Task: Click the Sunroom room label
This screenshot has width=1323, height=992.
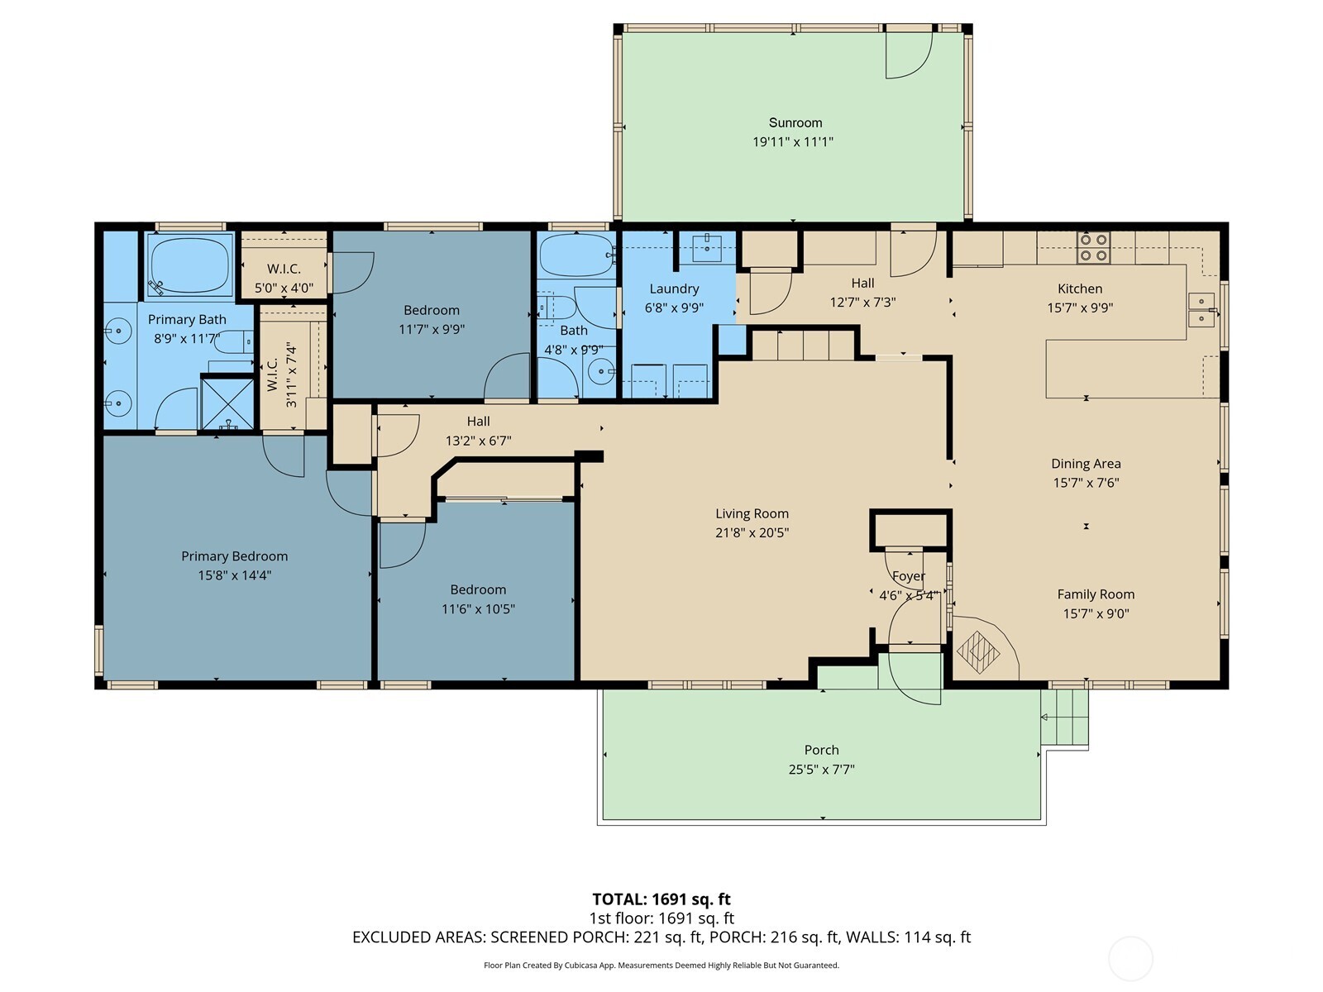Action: (795, 123)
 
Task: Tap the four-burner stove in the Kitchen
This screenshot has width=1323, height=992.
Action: (1093, 247)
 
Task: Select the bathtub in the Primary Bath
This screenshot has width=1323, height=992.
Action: (190, 265)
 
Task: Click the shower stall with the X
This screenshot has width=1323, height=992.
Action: (227, 402)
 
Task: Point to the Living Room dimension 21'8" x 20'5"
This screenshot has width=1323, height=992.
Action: (752, 532)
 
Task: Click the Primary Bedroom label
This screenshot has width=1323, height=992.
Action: (235, 556)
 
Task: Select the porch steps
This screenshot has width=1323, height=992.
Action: (1064, 717)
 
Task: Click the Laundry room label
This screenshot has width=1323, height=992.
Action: (674, 289)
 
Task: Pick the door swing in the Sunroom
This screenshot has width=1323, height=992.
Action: (908, 55)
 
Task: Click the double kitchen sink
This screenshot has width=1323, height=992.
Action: (1201, 309)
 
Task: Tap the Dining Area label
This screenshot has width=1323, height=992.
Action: (1086, 464)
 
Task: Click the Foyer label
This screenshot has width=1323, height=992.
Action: (908, 576)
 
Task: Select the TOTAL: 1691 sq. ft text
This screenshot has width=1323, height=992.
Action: (661, 899)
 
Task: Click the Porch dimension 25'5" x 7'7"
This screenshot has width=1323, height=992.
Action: (822, 769)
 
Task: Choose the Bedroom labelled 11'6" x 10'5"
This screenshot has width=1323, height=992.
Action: (478, 599)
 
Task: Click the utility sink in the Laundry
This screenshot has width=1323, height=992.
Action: (706, 246)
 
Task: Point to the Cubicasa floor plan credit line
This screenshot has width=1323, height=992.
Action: (661, 965)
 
